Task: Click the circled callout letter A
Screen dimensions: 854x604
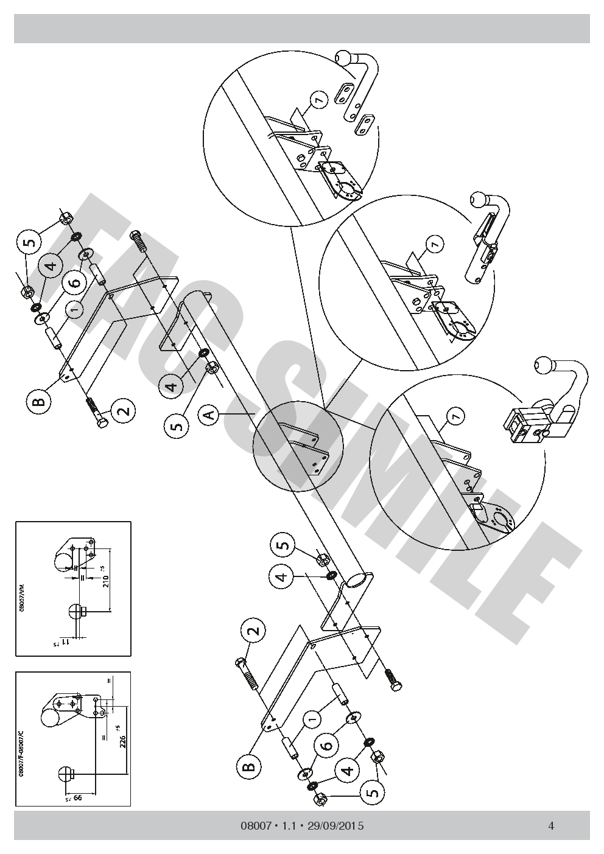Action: click(x=209, y=415)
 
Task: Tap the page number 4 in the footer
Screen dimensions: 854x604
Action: click(x=550, y=826)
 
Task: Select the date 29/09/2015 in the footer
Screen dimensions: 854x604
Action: click(x=336, y=826)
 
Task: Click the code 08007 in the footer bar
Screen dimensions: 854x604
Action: click(x=255, y=826)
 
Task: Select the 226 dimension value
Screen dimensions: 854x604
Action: click(x=123, y=741)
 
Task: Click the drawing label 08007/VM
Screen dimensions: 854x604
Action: click(x=22, y=599)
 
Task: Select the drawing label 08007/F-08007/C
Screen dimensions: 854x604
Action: click(x=21, y=754)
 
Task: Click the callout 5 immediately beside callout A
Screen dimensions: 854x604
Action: click(x=176, y=425)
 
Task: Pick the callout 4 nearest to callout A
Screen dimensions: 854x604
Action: click(x=172, y=386)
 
